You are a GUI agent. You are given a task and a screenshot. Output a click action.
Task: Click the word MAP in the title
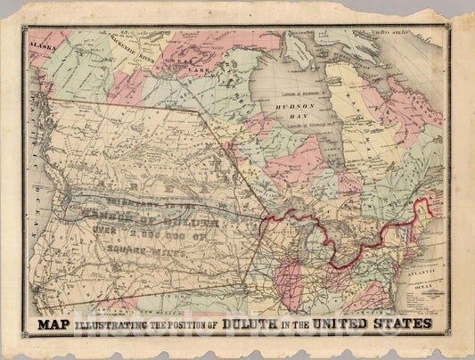[x=56, y=323]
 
